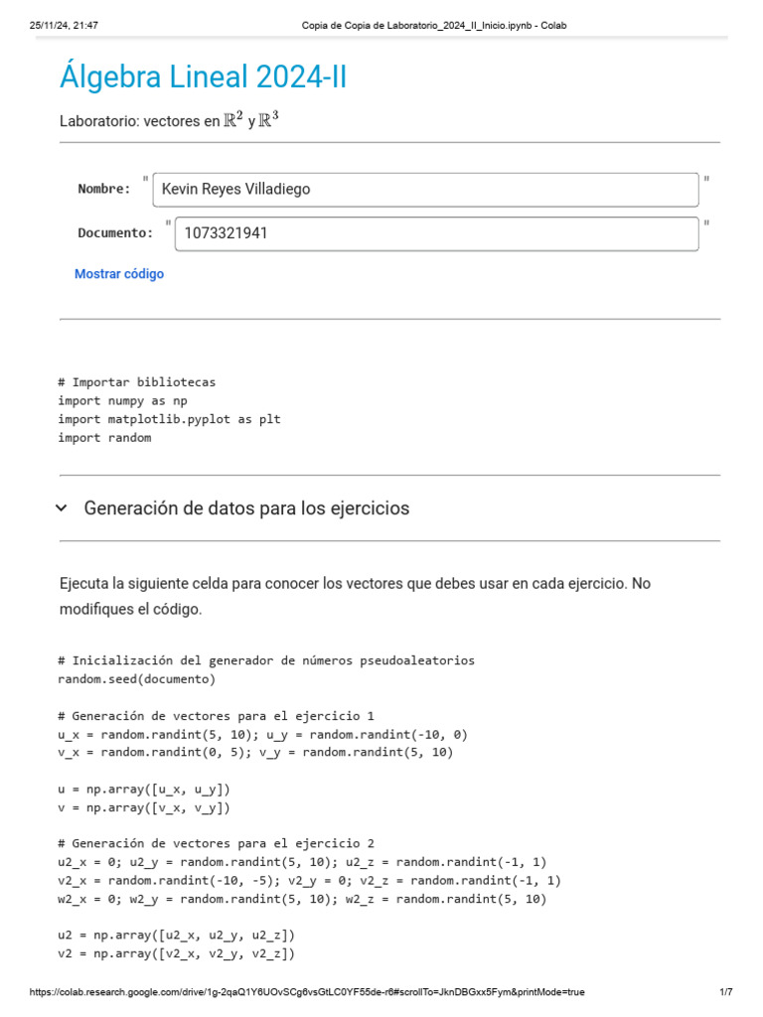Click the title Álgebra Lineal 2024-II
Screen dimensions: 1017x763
(x=204, y=76)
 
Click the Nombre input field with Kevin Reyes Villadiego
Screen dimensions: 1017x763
(x=425, y=189)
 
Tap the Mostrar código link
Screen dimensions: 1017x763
(x=119, y=274)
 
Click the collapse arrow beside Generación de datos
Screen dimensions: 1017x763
(x=62, y=508)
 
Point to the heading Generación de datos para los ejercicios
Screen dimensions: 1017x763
(x=246, y=508)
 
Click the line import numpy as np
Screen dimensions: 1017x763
(x=122, y=400)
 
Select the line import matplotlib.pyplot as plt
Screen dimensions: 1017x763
(x=169, y=419)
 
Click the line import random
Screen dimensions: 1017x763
(x=104, y=437)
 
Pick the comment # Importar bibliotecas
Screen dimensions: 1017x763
(x=136, y=382)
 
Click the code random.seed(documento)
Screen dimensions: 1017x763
(x=136, y=679)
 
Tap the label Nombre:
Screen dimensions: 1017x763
(x=104, y=189)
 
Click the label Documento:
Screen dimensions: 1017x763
(x=115, y=233)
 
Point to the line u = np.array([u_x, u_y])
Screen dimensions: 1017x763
(x=144, y=789)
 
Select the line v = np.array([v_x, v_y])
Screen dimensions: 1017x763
(x=144, y=807)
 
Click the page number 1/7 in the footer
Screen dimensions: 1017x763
(x=725, y=992)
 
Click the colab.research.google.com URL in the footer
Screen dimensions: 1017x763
(x=307, y=992)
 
